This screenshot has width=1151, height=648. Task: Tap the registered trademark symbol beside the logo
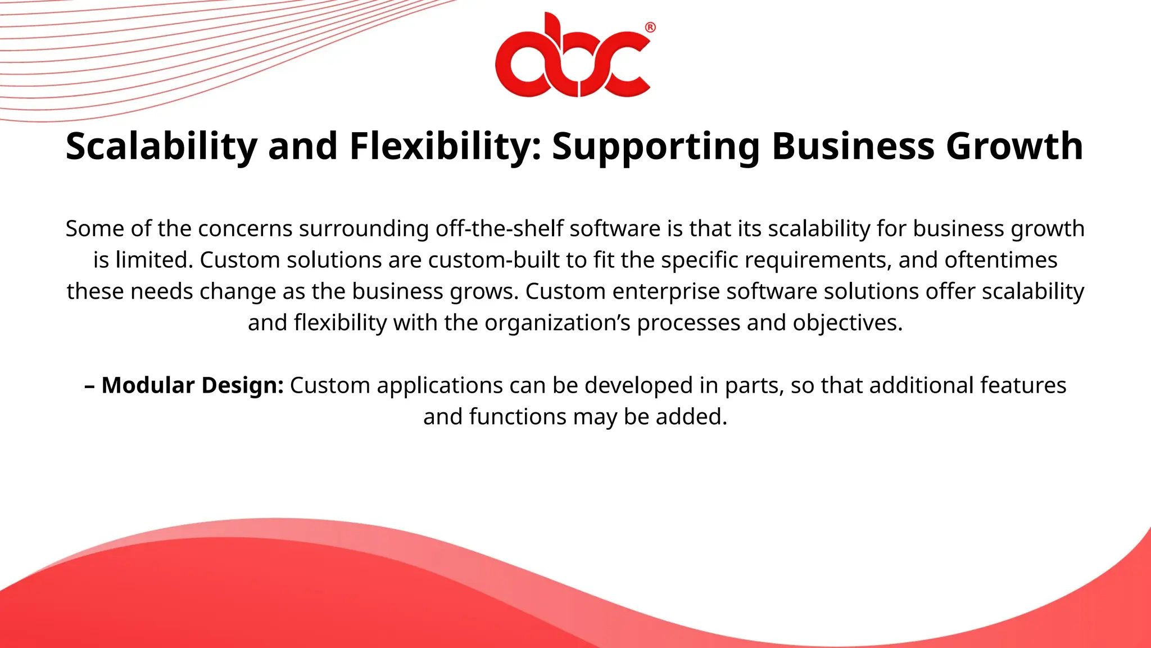(x=650, y=28)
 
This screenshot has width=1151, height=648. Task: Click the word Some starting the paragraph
(x=92, y=229)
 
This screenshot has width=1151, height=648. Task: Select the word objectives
(x=847, y=323)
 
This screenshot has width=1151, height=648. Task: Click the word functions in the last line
(x=518, y=417)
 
